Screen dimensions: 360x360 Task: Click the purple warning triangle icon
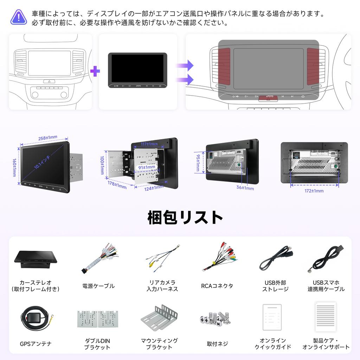(x=19, y=17)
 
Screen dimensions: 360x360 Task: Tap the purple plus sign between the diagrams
(x=95, y=71)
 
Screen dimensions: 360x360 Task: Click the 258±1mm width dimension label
(x=47, y=137)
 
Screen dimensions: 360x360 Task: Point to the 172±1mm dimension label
(x=314, y=191)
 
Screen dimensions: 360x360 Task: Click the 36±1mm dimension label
(x=245, y=188)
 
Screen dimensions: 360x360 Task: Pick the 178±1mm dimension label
(x=117, y=185)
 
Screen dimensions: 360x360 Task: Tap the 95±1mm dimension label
(x=198, y=161)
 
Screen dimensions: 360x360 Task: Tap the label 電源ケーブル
(x=98, y=286)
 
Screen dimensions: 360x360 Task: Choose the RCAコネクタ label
(x=217, y=286)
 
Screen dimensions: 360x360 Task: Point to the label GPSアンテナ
(x=36, y=343)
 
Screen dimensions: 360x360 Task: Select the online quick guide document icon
(x=272, y=317)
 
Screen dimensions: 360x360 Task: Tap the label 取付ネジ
(x=217, y=343)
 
